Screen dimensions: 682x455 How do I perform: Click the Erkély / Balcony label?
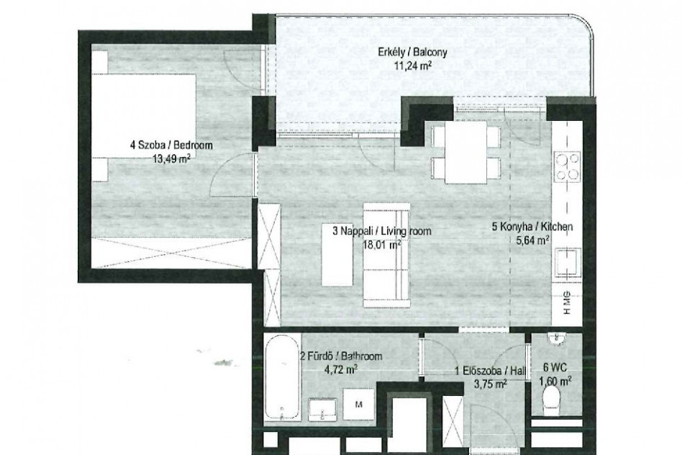412,53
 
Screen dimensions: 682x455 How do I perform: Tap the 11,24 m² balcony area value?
413,66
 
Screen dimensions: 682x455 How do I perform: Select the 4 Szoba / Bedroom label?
171,145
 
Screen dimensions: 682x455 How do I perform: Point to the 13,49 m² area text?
171,158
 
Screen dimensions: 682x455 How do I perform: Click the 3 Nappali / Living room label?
382,231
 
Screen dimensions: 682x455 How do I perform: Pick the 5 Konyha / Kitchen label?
532,226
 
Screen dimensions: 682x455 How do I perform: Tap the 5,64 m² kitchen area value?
532,240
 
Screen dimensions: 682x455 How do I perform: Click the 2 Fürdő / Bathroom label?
341,356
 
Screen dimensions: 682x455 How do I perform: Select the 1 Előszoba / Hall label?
490,371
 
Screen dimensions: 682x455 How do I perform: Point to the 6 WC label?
555,368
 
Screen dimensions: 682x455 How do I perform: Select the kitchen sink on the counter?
568,263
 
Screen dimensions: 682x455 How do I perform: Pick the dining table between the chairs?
465,152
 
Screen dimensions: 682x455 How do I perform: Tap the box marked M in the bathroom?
358,405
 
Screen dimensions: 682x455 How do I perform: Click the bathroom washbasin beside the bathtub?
322,410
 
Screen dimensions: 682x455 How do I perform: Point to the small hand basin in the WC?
556,338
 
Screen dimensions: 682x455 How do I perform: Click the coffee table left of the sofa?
337,255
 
